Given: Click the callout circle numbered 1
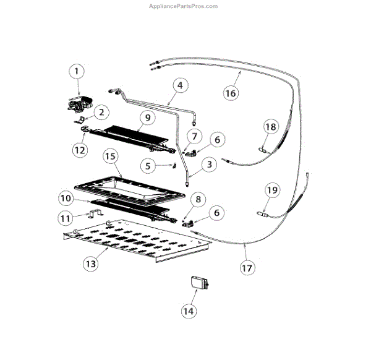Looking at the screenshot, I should [x=77, y=72].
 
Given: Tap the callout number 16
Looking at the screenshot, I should [x=230, y=93].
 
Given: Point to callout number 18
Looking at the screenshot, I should [x=270, y=127].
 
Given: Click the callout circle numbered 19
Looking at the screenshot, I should [x=271, y=190].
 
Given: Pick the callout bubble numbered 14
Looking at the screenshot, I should [x=188, y=311].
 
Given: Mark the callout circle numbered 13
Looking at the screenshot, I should [x=90, y=263].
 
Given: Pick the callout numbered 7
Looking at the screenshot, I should [x=195, y=135].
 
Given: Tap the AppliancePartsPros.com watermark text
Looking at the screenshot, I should [x=184, y=6].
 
